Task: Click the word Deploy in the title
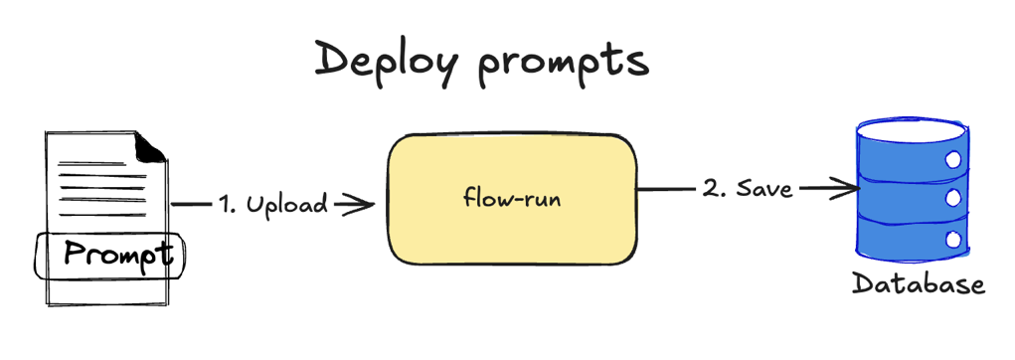(x=386, y=63)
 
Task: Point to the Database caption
(x=918, y=284)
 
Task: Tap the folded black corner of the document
(x=150, y=147)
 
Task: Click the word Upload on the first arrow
(x=287, y=205)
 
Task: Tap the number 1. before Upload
(x=230, y=205)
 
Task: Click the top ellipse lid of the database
(x=910, y=130)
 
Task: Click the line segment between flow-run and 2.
(x=666, y=188)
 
